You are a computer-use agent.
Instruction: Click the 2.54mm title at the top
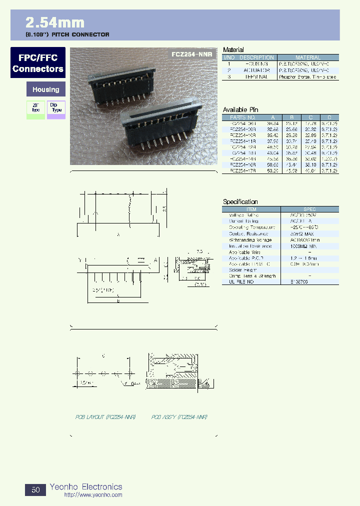click(x=55, y=22)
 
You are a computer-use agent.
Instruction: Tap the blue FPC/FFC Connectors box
click(x=38, y=63)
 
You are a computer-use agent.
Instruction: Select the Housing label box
click(x=45, y=90)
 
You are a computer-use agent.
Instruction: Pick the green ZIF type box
click(x=35, y=109)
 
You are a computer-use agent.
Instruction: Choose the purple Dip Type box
click(x=56, y=109)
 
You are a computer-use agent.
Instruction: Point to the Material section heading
click(x=233, y=50)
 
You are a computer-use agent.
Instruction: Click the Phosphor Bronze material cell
click(x=308, y=77)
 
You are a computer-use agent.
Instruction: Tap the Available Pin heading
click(x=240, y=110)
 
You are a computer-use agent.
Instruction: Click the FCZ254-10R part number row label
click(x=243, y=135)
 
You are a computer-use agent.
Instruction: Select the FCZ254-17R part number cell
click(x=243, y=170)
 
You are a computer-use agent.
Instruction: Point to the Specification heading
click(x=240, y=202)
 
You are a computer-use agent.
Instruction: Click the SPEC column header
click(x=309, y=209)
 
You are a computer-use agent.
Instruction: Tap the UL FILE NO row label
click(x=241, y=282)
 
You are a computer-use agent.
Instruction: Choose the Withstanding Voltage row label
click(x=250, y=240)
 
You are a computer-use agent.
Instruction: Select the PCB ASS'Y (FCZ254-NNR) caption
click(x=179, y=416)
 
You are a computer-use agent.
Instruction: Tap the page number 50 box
click(x=35, y=490)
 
